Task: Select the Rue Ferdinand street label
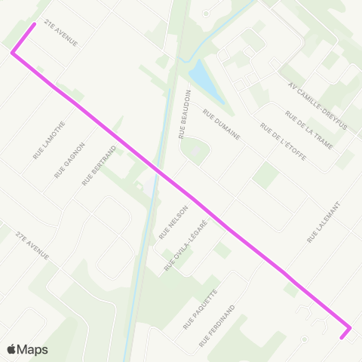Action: (x=218, y=326)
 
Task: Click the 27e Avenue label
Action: (x=30, y=245)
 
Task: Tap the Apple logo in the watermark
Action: (x=12, y=349)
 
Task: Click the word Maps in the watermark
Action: (x=33, y=349)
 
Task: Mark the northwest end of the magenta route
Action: (x=34, y=24)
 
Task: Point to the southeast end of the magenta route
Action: (x=342, y=337)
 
